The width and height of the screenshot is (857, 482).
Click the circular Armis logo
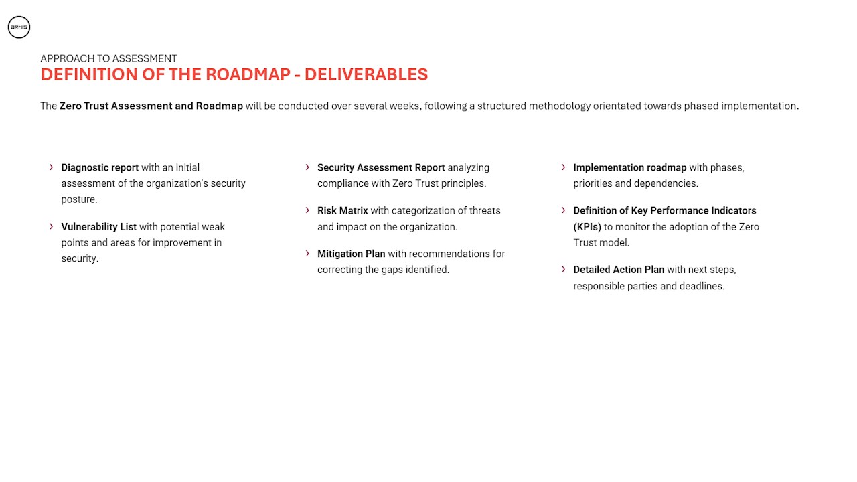pos(19,27)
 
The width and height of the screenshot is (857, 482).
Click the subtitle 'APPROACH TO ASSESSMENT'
pos(108,58)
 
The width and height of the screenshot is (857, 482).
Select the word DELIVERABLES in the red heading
pos(366,74)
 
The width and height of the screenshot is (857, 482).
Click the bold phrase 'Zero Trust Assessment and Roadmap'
pos(151,106)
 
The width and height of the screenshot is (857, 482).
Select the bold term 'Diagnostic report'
pos(100,167)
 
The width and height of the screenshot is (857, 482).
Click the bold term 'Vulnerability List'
pos(99,226)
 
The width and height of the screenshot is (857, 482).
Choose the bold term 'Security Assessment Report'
pos(381,167)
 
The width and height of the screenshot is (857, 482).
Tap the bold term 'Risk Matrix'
pos(343,210)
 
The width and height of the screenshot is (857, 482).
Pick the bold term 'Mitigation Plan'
pos(352,254)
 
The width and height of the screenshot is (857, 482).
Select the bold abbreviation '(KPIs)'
pos(587,226)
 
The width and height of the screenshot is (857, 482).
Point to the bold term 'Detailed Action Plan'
pos(619,270)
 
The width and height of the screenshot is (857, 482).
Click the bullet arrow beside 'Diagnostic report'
pos(52,167)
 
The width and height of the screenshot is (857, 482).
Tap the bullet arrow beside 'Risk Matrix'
pos(308,210)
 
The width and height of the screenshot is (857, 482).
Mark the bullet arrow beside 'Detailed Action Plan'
pos(564,269)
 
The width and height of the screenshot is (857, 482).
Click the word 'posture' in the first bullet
pos(79,199)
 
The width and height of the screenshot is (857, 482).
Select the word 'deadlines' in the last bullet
pos(702,286)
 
